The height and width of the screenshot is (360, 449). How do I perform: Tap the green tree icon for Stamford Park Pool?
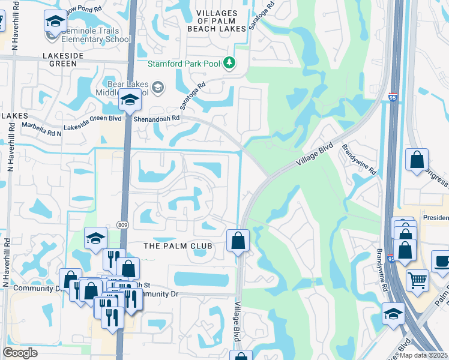pos(229,62)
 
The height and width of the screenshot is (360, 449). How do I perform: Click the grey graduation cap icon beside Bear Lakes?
pos(157,88)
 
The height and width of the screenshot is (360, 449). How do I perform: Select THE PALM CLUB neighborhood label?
pos(178,246)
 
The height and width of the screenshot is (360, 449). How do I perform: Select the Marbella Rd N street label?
pos(42,126)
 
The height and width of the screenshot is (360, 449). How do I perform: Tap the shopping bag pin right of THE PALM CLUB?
pos(238,241)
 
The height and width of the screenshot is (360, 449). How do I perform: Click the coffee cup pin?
pos(442,262)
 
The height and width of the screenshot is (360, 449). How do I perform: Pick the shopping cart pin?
pos(417,279)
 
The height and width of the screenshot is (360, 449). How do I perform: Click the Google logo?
pos(20,352)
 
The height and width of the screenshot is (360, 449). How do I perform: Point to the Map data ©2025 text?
pos(423,355)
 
